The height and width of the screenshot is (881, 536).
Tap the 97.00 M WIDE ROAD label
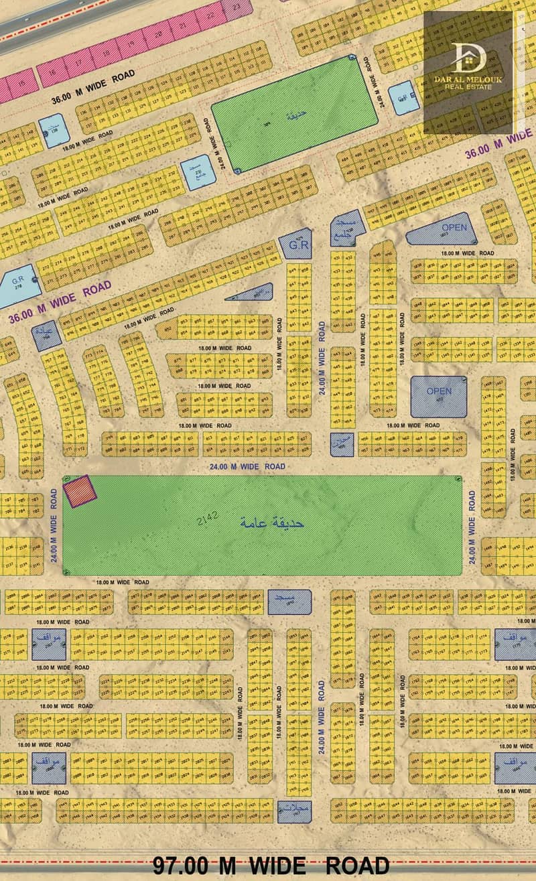tap(271, 864)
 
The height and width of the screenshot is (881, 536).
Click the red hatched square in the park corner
tap(80, 491)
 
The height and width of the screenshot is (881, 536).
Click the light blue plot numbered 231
tap(199, 172)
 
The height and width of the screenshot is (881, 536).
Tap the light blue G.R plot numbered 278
tap(15, 285)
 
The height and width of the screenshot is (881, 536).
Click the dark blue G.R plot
tap(295, 245)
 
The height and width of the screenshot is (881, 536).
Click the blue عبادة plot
tap(46, 333)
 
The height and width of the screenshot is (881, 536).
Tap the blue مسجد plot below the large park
tap(289, 602)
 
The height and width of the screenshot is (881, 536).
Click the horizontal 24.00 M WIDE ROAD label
tap(247, 466)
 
